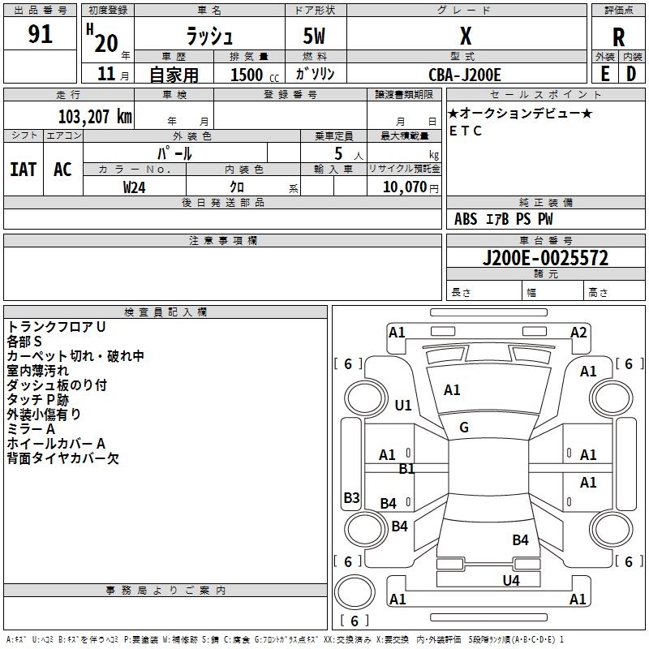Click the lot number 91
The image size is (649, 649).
[x=40, y=34]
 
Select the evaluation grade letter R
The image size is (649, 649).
[x=618, y=37]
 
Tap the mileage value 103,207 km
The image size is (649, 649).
[x=95, y=117]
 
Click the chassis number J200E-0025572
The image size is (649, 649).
[x=545, y=258]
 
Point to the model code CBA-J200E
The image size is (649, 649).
[x=465, y=75]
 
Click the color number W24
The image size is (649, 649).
[x=134, y=187]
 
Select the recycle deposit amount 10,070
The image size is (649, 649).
[x=404, y=187]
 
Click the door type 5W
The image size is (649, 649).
[x=314, y=36]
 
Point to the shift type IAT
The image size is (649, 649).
[x=24, y=170]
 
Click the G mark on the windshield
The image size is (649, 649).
[x=464, y=428]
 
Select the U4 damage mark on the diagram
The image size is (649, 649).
[x=511, y=580]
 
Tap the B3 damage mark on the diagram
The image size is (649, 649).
[x=351, y=497]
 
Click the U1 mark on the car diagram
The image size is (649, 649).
[x=403, y=405]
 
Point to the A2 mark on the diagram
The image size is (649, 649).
[x=578, y=333]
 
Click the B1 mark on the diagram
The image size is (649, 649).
[x=406, y=469]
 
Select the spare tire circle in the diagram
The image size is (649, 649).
[x=355, y=592]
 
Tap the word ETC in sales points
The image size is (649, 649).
[x=466, y=131]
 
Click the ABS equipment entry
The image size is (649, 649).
[x=466, y=219]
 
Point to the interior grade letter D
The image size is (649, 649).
[x=631, y=74]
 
